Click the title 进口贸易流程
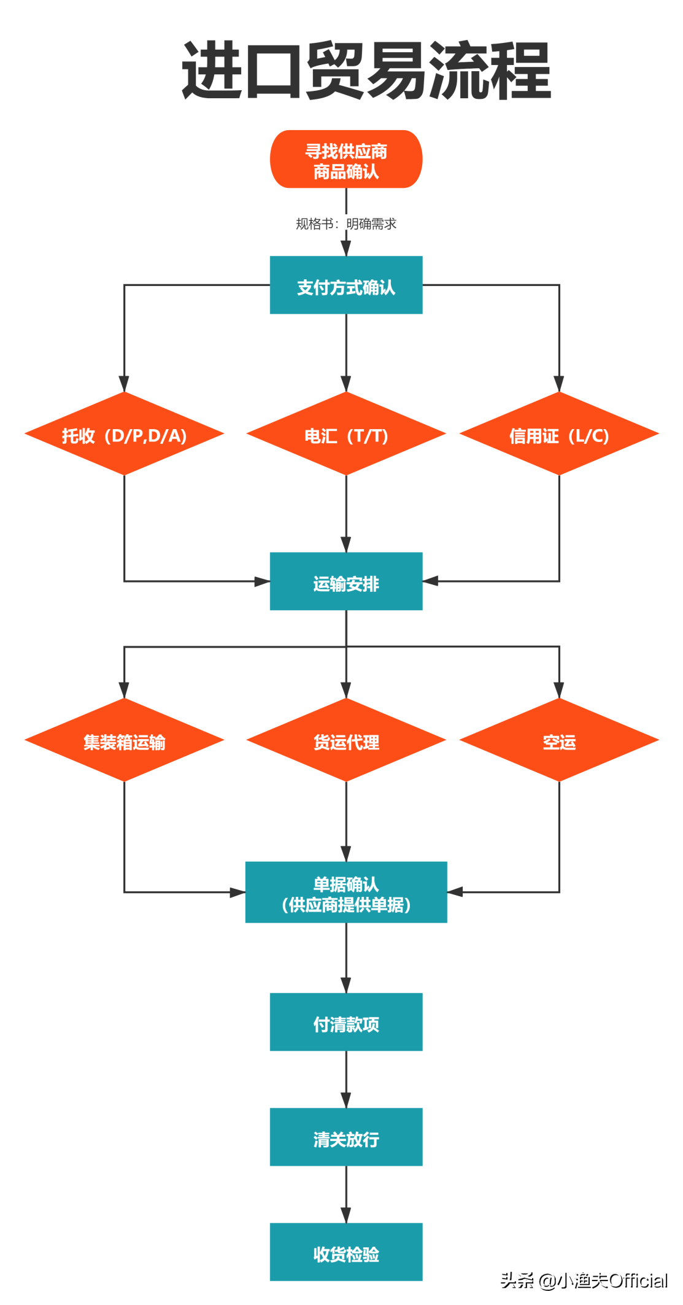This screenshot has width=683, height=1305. pyautogui.click(x=366, y=71)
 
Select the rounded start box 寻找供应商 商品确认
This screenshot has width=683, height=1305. pyautogui.click(x=346, y=160)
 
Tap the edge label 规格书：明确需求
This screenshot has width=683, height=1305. pyautogui.click(x=346, y=224)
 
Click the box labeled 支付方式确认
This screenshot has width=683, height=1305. pyautogui.click(x=346, y=285)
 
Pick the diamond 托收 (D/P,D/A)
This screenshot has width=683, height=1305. pyautogui.click(x=125, y=435)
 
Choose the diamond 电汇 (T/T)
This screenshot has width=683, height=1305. pyautogui.click(x=346, y=435)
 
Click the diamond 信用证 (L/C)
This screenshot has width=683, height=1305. pyautogui.click(x=559, y=435)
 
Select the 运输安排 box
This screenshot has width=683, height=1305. pyautogui.click(x=346, y=582)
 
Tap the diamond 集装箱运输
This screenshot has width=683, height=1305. pyautogui.click(x=125, y=741)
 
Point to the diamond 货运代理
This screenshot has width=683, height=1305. pyautogui.click(x=346, y=741)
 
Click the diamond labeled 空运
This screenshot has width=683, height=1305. pyautogui.click(x=559, y=741)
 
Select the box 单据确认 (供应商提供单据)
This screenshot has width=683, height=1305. pyautogui.click(x=346, y=893)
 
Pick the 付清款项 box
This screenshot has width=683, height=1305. pyautogui.click(x=346, y=1023)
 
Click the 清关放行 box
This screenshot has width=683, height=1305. pyautogui.click(x=346, y=1137)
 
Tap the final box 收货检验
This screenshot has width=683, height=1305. pyautogui.click(x=346, y=1252)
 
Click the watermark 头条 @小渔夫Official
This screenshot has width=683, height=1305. pyautogui.click(x=584, y=1280)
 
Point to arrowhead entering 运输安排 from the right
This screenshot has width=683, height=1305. pyautogui.click(x=430, y=581)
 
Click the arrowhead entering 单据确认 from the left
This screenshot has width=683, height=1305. pyautogui.click(x=238, y=893)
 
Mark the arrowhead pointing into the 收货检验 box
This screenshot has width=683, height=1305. pyautogui.click(x=346, y=1215)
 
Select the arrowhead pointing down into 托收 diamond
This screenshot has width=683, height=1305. pyautogui.click(x=125, y=384)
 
